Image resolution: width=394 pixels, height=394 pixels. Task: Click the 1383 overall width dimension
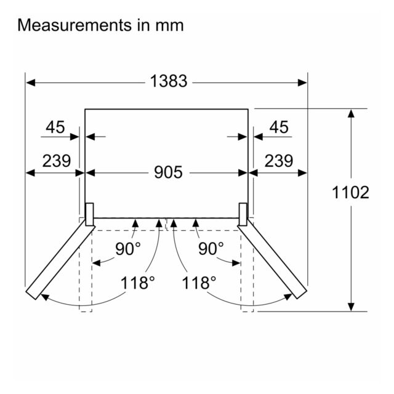point(169,81)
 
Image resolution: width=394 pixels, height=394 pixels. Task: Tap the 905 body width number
point(168,172)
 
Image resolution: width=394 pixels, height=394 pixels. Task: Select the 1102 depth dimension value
point(350,192)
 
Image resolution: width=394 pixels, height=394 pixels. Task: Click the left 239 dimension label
point(57,161)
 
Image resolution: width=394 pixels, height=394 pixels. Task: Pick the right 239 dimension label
point(279,161)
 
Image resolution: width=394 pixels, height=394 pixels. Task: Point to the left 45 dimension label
point(55,127)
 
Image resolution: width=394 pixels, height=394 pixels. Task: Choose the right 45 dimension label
point(279,127)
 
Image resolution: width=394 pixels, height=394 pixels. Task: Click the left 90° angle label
point(128,249)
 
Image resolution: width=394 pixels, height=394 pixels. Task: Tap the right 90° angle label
point(211,249)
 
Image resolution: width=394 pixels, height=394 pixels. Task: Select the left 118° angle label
point(138,283)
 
